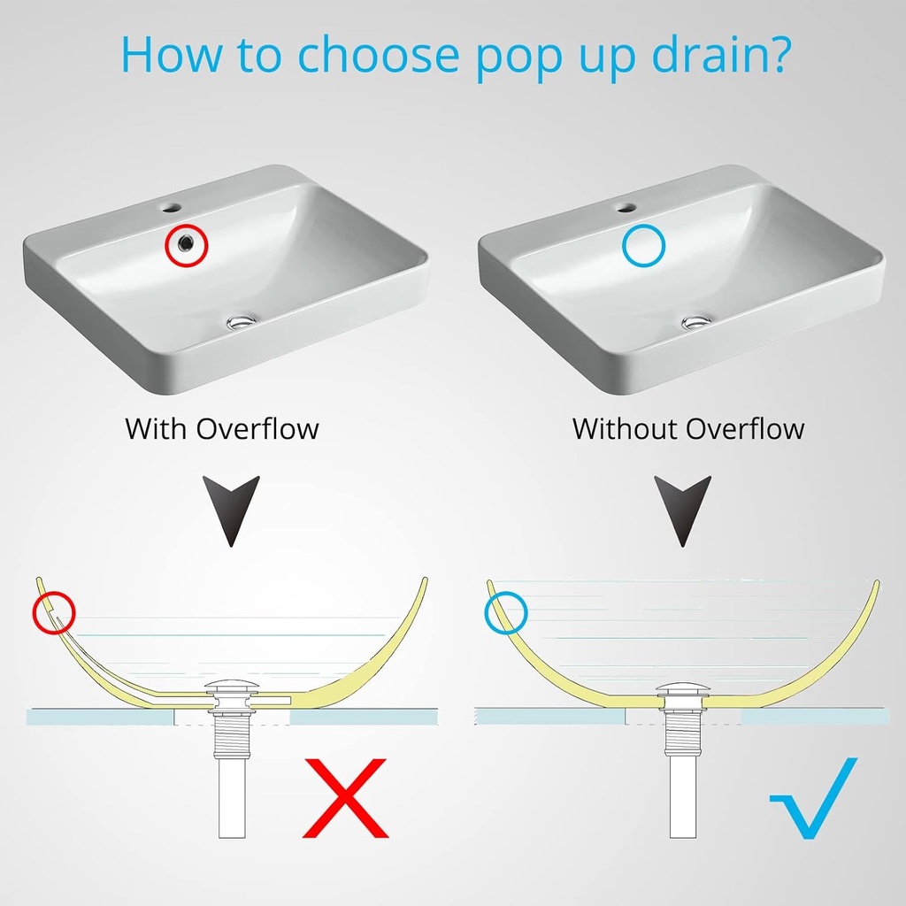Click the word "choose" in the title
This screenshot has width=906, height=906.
click(378, 54)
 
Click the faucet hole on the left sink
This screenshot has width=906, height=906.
click(172, 206)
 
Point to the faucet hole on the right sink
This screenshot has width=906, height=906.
click(626, 207)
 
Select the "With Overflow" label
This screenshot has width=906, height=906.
click(222, 429)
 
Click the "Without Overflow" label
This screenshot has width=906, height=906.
click(688, 429)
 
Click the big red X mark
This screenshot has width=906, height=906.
click(346, 798)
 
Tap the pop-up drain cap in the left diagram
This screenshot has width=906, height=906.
click(231, 688)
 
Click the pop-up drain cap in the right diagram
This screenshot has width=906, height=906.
click(682, 688)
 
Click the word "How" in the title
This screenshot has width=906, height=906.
click(171, 54)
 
